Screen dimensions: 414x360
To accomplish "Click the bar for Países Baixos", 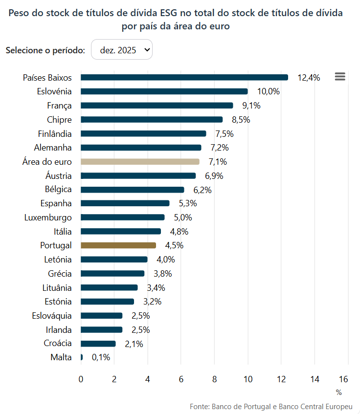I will tap(184, 77).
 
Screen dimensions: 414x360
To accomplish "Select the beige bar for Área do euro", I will tap(140, 162).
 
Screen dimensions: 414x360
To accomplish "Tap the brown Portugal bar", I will tap(118, 245).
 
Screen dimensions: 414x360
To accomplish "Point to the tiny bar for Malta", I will tap(82, 357).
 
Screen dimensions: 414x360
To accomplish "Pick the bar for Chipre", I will tap(152, 120).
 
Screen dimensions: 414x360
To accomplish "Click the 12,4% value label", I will tap(309, 77).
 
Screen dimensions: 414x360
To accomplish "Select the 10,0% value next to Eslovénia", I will tap(269, 91).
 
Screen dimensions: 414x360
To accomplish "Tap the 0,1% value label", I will tap(101, 357).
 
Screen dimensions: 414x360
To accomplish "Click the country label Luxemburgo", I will tap(48, 218).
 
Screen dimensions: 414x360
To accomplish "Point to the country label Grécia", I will tap(60, 273).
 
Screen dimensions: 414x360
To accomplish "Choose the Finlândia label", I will tap(55, 133).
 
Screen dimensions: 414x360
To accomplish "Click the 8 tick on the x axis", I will tap(215, 379).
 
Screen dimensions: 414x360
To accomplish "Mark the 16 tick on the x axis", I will tap(343, 379).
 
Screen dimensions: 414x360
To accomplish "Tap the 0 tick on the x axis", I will tap(81, 379).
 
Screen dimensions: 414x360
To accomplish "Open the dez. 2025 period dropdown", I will tap(122, 50).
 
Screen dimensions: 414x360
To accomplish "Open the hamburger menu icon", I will tap(340, 77).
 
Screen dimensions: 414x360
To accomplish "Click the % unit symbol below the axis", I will tap(339, 392).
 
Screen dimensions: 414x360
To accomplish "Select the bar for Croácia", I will tap(98, 344).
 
